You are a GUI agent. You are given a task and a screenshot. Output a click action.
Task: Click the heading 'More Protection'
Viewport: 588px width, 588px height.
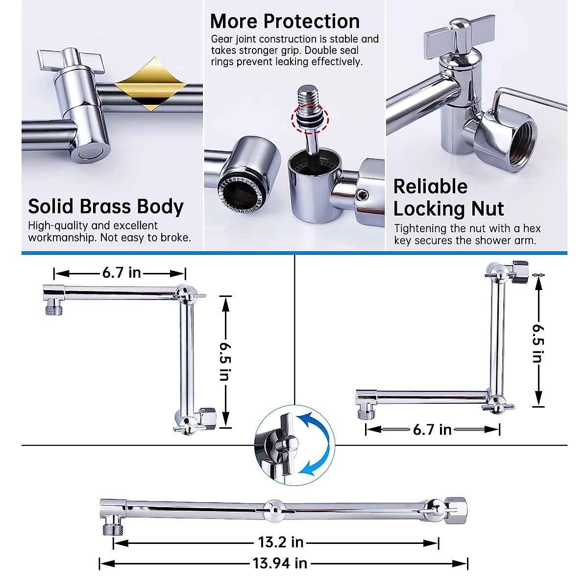point(285,22)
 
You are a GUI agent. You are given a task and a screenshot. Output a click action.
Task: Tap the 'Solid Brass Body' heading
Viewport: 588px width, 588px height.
point(105,206)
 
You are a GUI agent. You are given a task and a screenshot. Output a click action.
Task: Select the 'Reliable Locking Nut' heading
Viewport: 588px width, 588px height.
point(448,197)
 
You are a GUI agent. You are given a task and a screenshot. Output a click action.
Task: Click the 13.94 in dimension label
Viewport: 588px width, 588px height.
point(280,563)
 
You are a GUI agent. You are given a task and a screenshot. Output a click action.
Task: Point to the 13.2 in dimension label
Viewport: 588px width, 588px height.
point(281,542)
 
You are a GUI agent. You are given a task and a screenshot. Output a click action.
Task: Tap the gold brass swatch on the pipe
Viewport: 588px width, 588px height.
point(145,83)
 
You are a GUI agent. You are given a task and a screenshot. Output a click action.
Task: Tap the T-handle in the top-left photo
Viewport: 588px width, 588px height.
point(71,61)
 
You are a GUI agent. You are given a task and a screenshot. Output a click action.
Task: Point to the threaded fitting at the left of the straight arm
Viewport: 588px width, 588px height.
point(109,528)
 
